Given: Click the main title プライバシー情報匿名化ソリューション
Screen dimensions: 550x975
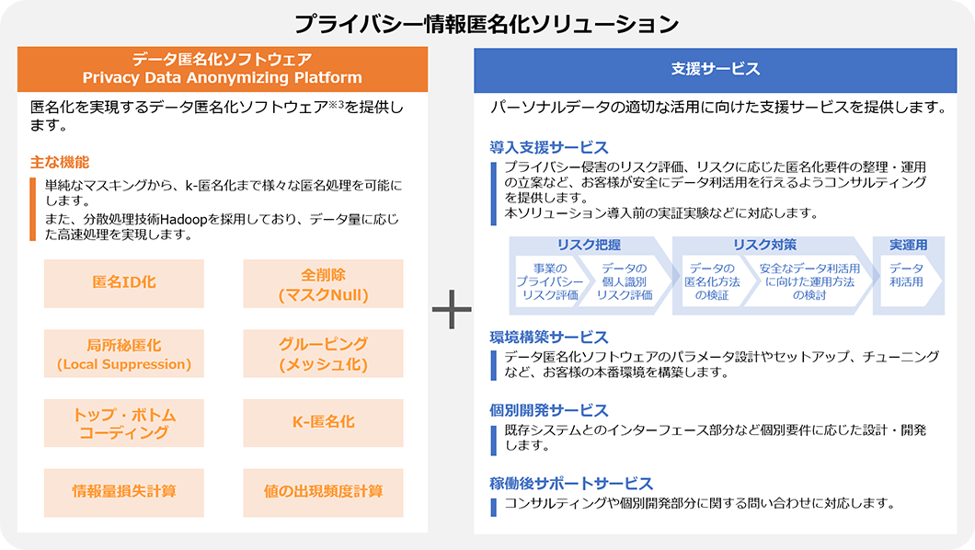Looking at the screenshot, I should tap(487, 22).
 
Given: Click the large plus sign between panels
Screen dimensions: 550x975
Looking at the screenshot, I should tap(451, 312).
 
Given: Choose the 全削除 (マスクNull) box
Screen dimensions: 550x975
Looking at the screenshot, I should tap(323, 284).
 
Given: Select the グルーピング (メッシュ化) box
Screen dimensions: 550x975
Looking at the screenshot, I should tap(323, 354).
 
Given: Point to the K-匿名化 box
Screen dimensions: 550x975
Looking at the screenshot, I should tap(323, 422).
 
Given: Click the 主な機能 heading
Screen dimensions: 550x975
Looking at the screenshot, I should tap(60, 162).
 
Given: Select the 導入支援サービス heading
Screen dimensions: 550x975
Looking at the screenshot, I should tap(549, 147).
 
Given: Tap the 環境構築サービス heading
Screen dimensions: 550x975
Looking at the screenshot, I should tap(549, 337).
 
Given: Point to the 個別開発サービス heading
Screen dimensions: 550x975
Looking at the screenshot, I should tap(549, 410).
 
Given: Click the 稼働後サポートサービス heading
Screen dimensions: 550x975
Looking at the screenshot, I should tap(571, 483).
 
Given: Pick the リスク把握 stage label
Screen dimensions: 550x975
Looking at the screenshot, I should tap(589, 245).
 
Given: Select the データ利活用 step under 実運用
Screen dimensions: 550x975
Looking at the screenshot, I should tap(907, 275).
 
